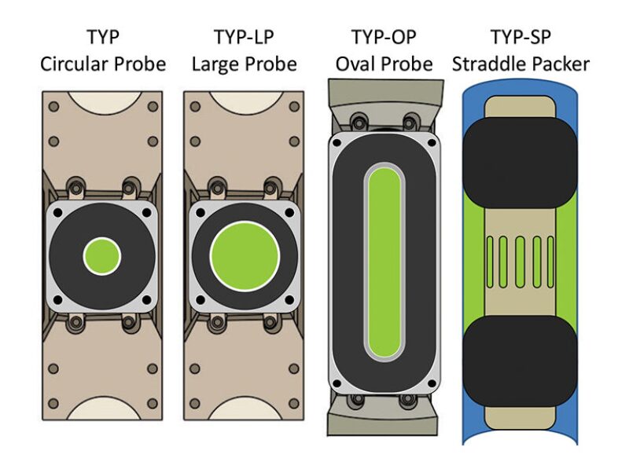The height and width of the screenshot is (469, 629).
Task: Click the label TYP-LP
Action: click(x=244, y=37)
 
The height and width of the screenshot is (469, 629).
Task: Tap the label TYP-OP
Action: click(x=384, y=37)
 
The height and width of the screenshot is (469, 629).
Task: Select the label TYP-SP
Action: click(x=520, y=37)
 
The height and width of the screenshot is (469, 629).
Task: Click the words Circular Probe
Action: click(x=103, y=64)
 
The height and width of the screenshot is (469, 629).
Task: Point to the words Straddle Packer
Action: click(x=520, y=64)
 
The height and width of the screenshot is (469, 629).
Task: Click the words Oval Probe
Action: click(x=384, y=64)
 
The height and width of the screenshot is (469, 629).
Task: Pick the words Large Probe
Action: click(x=244, y=64)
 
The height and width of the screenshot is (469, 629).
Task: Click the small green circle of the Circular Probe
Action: click(x=102, y=256)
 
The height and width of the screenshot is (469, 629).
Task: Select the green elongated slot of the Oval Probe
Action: click(x=384, y=262)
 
